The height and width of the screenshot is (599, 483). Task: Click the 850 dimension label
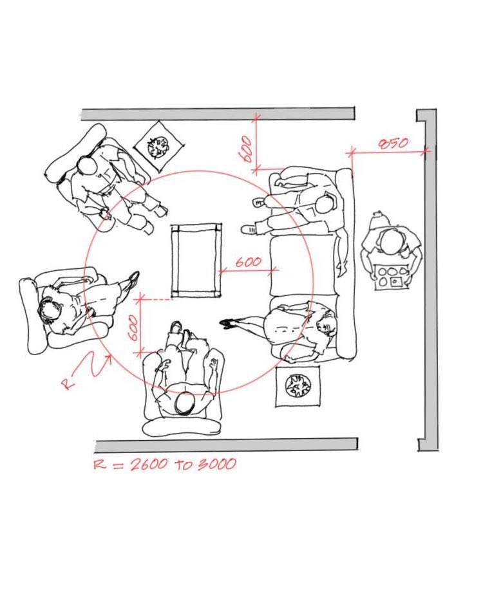point(392,143)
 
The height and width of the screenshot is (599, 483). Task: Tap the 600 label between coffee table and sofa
point(248,263)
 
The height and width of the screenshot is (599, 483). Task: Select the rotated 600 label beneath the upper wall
point(246,150)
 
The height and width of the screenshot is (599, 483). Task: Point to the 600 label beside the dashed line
point(132,327)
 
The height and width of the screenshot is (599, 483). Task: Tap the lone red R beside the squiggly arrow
point(67,384)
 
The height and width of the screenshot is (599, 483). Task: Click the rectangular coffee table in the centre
point(196,260)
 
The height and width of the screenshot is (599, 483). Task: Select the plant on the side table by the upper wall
point(158,146)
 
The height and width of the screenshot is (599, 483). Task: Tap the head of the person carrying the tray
point(390,242)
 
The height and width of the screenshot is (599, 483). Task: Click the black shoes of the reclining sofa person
point(228,324)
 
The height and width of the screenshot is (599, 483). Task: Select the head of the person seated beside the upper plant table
point(87,167)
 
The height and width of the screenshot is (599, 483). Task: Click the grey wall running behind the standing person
point(430,283)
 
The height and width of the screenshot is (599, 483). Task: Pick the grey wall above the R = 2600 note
point(225,445)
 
